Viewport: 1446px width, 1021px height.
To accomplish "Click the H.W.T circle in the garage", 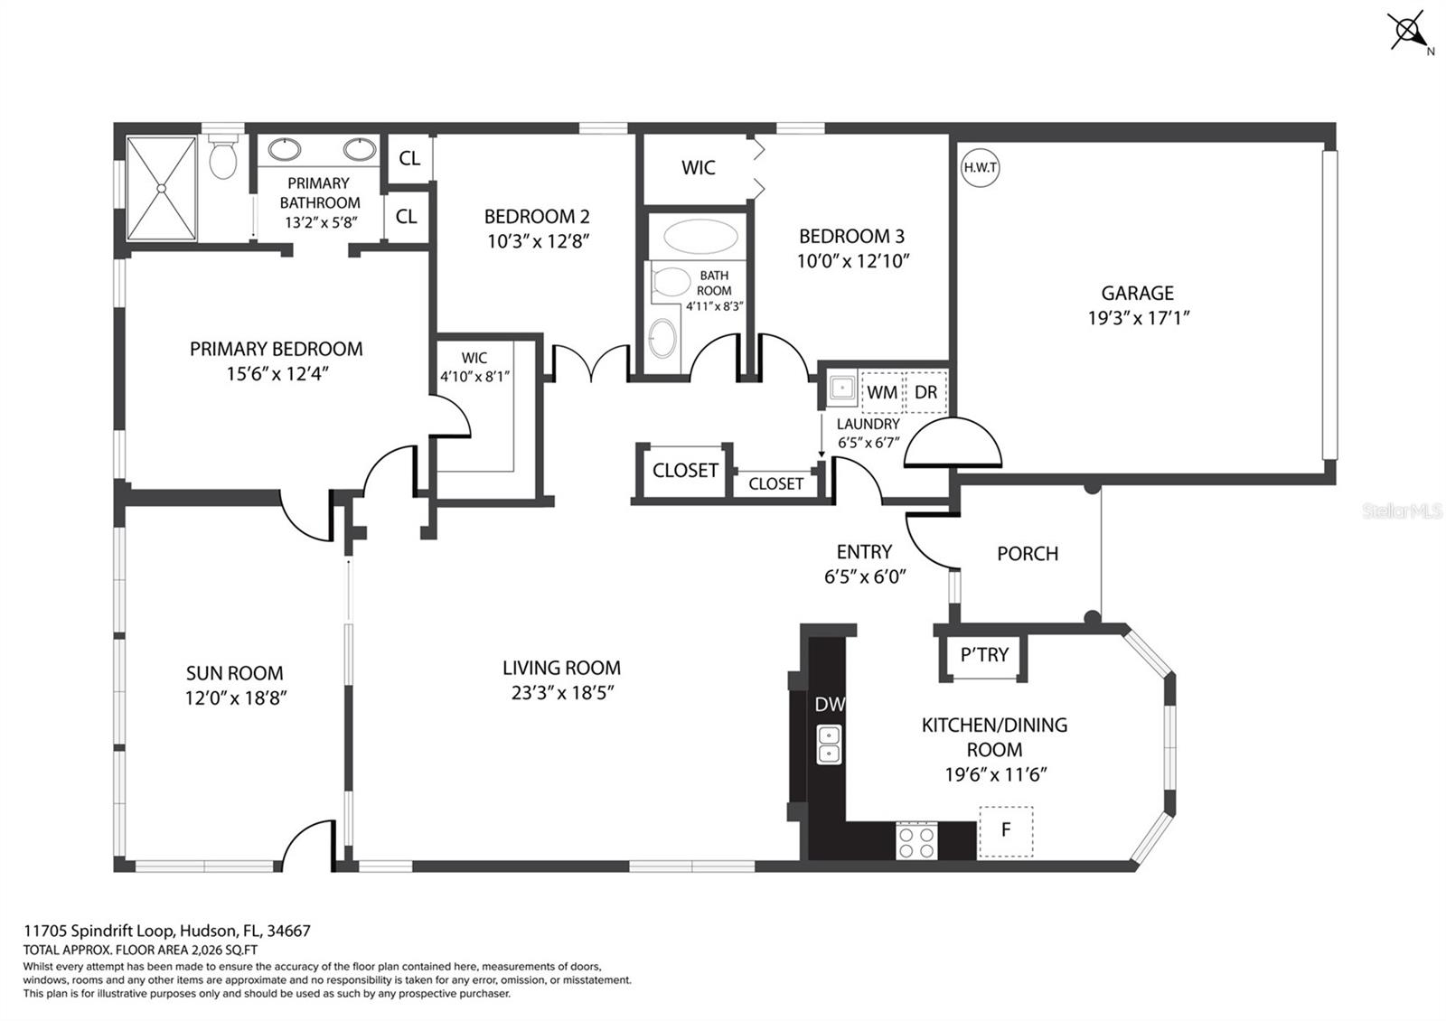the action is pos(980,168).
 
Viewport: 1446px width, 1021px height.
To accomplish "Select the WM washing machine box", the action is pos(882,392).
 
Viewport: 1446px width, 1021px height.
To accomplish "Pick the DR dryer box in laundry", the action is pos(926,392).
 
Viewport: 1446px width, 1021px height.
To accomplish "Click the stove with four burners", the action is pos(916,841).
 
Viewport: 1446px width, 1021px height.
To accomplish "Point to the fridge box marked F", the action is pos(1005,832).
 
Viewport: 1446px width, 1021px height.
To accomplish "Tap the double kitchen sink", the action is pos(829,745).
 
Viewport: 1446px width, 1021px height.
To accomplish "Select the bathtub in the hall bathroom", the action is pos(700,237).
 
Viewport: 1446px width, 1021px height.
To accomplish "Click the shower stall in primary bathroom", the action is pos(162,187).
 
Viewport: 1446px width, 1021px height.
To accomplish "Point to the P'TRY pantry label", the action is pos(984,654).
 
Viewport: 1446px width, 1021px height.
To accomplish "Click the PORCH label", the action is pos(1028,554).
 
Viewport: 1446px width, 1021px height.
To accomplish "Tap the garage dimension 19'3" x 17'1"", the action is pos(1139,317).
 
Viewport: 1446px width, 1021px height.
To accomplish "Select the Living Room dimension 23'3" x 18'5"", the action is pos(562,692).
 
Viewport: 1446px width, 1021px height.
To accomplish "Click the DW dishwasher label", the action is pos(830,704).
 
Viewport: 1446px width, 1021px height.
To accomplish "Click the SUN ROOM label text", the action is pos(234,673).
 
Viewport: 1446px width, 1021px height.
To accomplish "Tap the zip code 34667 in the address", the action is pos(288,931).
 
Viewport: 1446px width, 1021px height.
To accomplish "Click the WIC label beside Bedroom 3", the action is pos(699,168).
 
